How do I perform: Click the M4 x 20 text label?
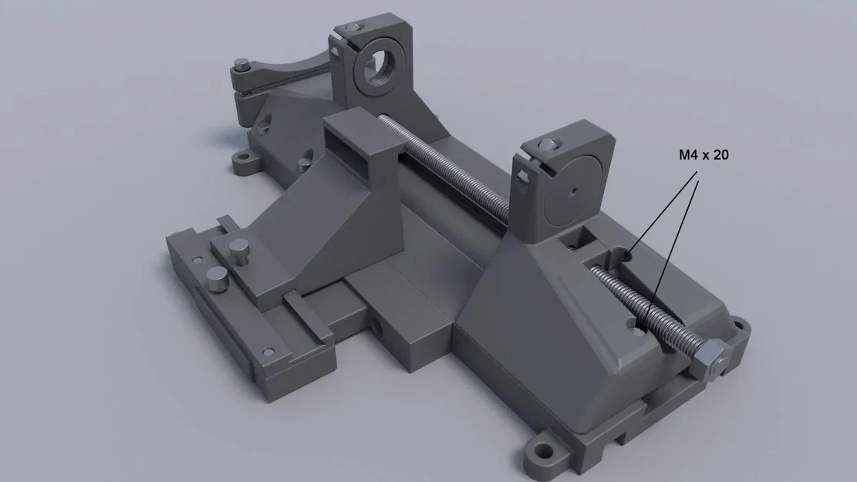click(703, 155)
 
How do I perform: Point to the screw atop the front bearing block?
click(548, 143)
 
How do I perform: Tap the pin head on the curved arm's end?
click(241, 64)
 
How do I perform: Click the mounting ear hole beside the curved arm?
click(245, 160)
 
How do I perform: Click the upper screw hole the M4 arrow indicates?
click(630, 252)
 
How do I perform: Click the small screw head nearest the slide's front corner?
click(268, 351)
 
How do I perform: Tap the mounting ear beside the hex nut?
click(741, 326)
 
